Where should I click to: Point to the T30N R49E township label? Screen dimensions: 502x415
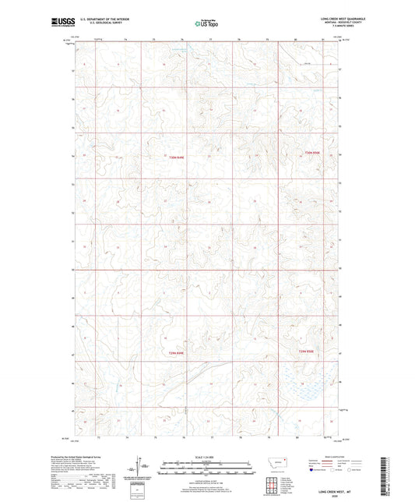click(178, 157)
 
